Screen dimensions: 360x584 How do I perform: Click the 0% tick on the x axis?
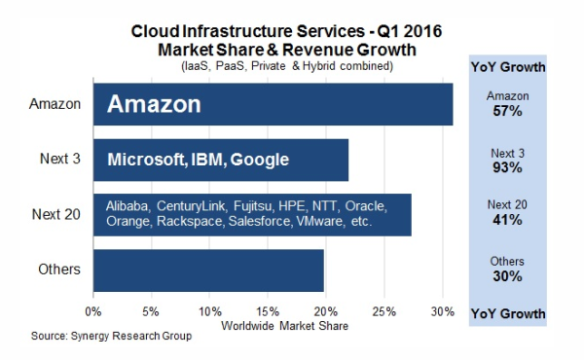(93, 313)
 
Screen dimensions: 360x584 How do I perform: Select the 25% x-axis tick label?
(385, 313)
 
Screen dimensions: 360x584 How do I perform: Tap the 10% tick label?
(209, 313)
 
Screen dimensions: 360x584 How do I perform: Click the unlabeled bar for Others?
(208, 270)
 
